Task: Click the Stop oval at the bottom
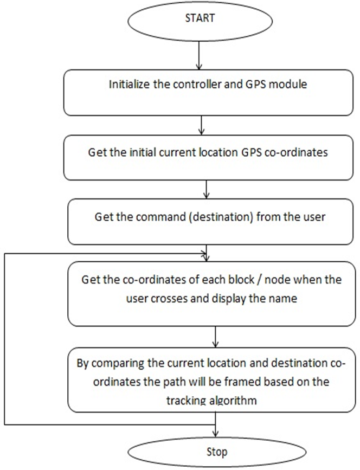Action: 216,452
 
